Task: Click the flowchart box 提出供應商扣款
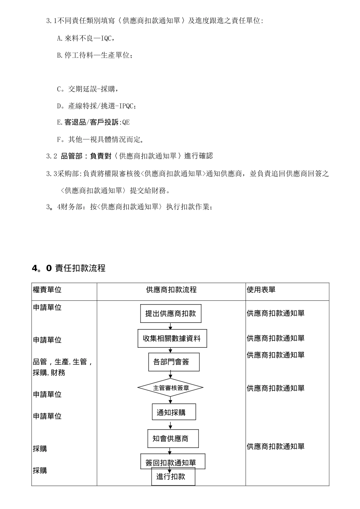tap(171, 314)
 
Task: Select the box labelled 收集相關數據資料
tap(172, 339)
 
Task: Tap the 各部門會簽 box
tap(171, 362)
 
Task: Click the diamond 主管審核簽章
tap(171, 388)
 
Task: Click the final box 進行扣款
tap(173, 477)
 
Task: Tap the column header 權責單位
tap(47, 290)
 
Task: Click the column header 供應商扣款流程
tap(171, 290)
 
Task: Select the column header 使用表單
tap(261, 290)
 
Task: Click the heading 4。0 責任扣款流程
tap(69, 268)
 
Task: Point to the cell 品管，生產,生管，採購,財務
tap(63, 367)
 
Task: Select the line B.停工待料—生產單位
tap(95, 55)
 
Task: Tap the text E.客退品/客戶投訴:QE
tap(93, 122)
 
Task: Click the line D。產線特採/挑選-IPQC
tap(97, 106)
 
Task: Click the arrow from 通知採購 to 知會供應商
tap(171, 425)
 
